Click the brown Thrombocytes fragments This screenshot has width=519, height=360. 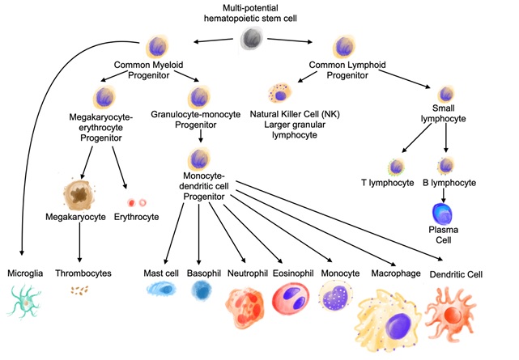(81, 290)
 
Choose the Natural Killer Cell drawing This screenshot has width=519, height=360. (281, 95)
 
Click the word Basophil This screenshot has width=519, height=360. (203, 273)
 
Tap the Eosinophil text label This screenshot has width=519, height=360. (291, 273)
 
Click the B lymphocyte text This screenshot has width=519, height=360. (449, 183)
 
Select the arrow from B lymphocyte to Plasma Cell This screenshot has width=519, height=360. (445, 193)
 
